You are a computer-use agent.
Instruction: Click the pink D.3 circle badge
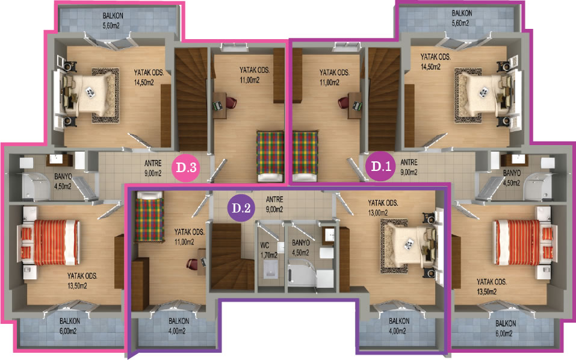click(x=187, y=167)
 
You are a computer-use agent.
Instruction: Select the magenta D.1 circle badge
click(x=381, y=166)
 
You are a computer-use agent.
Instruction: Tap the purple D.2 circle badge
click(x=241, y=208)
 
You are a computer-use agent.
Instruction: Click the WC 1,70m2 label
click(x=268, y=250)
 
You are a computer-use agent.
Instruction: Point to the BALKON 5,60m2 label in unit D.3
click(x=113, y=20)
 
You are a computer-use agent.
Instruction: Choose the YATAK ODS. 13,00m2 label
click(x=383, y=208)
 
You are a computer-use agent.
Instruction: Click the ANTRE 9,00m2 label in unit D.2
click(x=274, y=204)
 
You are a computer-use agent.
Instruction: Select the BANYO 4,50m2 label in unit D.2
click(x=300, y=247)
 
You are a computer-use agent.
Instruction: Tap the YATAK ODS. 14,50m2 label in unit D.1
click(x=435, y=62)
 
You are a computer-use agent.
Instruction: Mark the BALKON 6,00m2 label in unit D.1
click(x=506, y=329)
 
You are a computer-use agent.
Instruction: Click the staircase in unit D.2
click(x=232, y=256)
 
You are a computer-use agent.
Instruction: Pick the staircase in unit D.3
click(x=191, y=99)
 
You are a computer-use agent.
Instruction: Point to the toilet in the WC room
click(x=270, y=270)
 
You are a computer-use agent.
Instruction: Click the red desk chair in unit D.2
click(x=192, y=264)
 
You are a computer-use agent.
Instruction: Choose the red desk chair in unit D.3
click(x=231, y=102)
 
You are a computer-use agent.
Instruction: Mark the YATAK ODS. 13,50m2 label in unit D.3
click(x=82, y=281)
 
